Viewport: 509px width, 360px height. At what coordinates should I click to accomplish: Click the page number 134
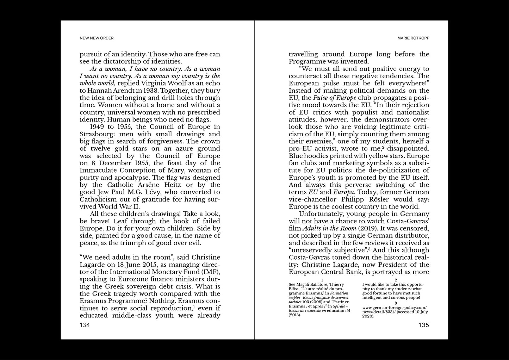click(85, 325)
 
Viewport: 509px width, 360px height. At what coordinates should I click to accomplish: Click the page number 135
click(424, 325)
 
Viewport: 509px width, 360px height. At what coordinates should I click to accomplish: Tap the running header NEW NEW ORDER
click(97, 38)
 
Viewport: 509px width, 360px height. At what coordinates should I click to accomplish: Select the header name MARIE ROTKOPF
click(413, 38)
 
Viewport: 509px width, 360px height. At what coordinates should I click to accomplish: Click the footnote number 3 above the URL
click(396, 303)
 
